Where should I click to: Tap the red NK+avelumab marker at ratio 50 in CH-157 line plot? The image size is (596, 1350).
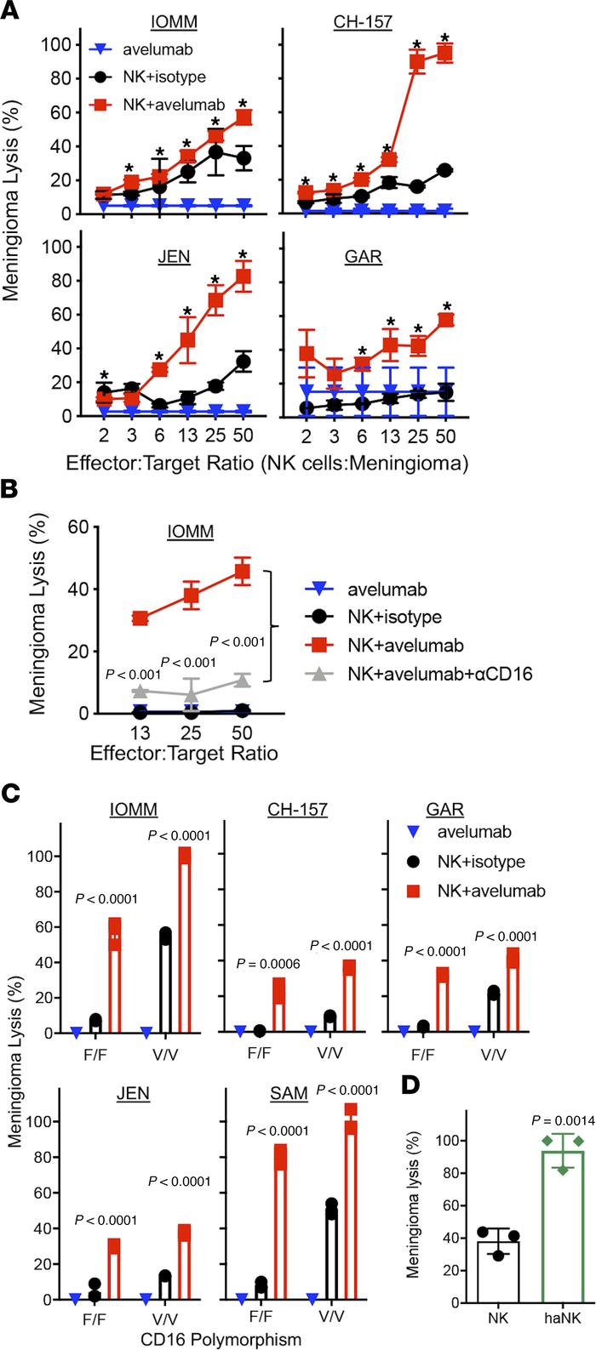coord(444,54)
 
